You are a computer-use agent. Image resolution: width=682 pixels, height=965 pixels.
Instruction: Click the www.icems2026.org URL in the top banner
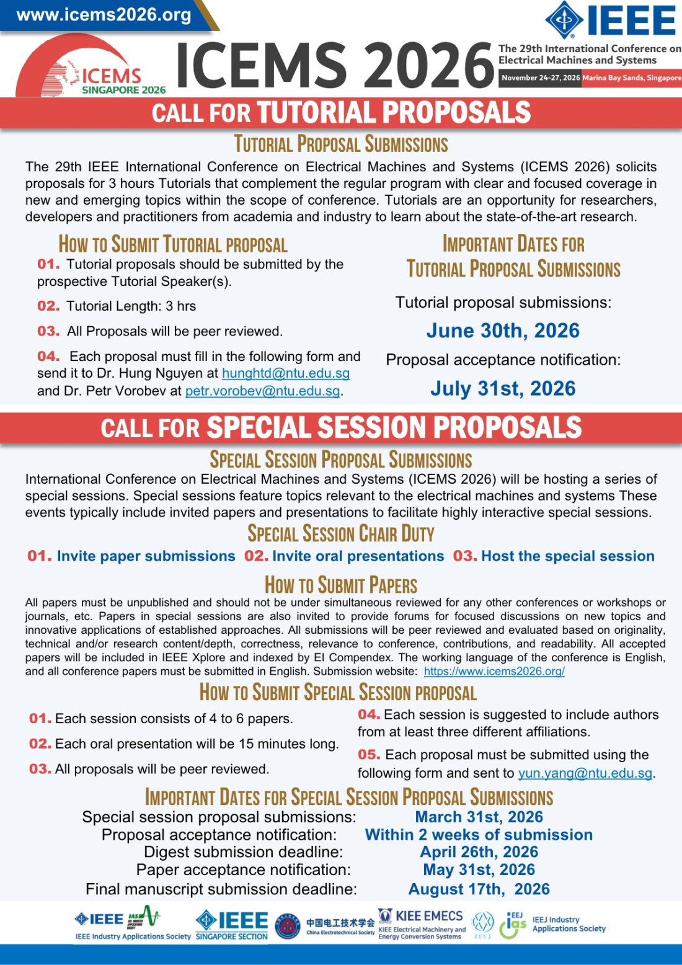(x=104, y=15)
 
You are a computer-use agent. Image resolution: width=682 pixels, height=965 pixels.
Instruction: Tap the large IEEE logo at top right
(x=611, y=19)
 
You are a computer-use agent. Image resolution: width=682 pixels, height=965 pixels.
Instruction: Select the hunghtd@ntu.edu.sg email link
(x=286, y=373)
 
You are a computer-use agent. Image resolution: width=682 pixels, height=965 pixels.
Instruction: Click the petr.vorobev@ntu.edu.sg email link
(x=262, y=391)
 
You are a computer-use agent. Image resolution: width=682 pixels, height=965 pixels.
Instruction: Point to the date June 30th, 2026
(x=502, y=331)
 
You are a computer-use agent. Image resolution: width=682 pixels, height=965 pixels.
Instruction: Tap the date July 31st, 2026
(x=502, y=388)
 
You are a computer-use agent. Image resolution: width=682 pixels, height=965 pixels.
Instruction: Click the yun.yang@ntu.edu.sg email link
(x=585, y=773)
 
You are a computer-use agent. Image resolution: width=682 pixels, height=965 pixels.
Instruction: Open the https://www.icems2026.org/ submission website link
(x=494, y=671)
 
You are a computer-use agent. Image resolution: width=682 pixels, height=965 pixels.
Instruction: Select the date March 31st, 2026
(x=479, y=817)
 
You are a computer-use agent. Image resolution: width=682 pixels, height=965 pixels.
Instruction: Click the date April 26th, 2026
(x=479, y=852)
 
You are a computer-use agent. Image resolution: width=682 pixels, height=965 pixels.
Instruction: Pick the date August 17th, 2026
(x=479, y=889)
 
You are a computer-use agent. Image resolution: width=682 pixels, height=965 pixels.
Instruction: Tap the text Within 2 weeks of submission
(x=479, y=835)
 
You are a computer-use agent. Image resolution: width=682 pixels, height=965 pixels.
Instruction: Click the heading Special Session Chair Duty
(x=340, y=533)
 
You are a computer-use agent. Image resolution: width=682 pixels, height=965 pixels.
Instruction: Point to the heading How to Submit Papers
(x=340, y=585)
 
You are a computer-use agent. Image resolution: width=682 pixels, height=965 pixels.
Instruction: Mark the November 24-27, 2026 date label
(x=541, y=78)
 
